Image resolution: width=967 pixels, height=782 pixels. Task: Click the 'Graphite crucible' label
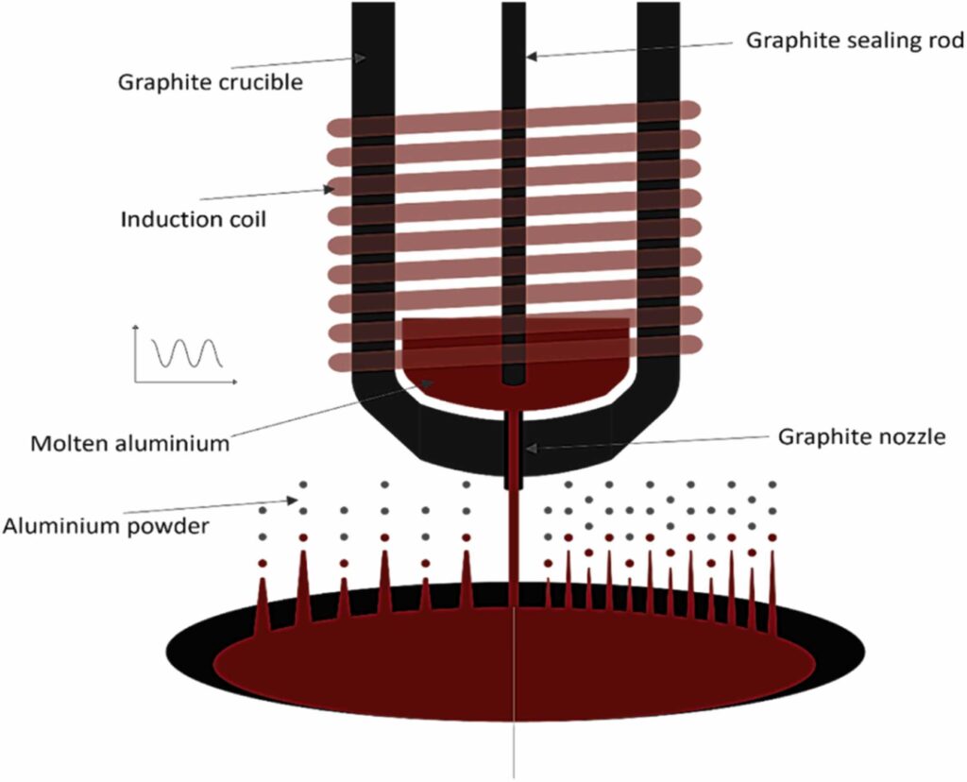[210, 82]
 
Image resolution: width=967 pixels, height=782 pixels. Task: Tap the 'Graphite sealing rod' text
[855, 41]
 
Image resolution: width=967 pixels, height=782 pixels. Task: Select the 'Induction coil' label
[194, 220]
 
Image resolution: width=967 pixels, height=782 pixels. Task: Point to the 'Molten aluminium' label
[129, 443]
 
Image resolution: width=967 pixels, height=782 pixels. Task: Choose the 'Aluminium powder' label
[105, 526]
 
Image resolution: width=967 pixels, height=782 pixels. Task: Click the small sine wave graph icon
[185, 355]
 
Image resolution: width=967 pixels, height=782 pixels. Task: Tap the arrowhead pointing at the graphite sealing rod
[532, 56]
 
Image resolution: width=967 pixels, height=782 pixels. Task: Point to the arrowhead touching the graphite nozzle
[531, 448]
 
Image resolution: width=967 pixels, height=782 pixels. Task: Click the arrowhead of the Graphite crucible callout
[361, 59]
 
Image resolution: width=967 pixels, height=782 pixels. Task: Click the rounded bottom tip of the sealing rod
[514, 381]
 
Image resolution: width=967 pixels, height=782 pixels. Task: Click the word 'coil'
[247, 220]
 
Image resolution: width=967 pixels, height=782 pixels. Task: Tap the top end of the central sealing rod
[514, 6]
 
